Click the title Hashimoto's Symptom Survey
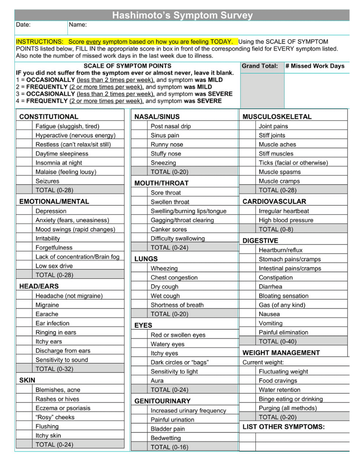(x=182, y=15)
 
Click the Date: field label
(x=23, y=25)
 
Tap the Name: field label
(x=78, y=25)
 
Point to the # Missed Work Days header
(x=315, y=66)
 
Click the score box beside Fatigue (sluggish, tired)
(x=24, y=126)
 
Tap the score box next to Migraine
(x=24, y=305)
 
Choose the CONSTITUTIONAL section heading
(x=49, y=117)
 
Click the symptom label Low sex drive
(x=54, y=266)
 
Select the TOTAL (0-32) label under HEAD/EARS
(x=54, y=369)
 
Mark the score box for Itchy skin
(x=24, y=436)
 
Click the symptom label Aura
(x=157, y=380)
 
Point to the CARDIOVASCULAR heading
(x=274, y=202)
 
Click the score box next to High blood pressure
(x=247, y=220)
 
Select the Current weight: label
(x=263, y=362)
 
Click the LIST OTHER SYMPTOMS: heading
(x=284, y=427)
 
